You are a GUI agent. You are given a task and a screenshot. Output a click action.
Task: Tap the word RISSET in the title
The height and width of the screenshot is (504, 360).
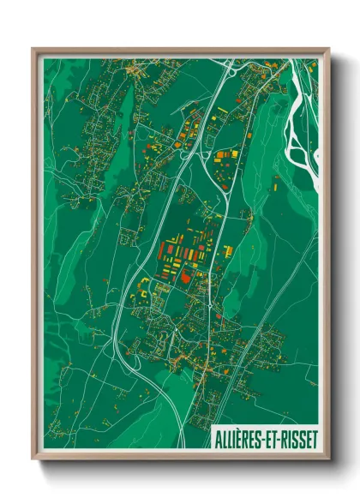(x=297, y=438)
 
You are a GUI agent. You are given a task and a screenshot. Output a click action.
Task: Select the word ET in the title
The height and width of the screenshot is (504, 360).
(x=270, y=438)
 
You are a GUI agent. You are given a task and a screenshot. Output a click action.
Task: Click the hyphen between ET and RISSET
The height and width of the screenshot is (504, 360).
(x=277, y=439)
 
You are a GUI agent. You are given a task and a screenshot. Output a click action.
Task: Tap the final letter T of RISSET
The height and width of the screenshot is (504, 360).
(x=314, y=438)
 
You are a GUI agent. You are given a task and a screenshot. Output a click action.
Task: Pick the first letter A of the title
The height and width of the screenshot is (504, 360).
(x=213, y=438)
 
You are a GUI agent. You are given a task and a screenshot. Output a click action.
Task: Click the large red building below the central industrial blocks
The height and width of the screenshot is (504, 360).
(x=187, y=277)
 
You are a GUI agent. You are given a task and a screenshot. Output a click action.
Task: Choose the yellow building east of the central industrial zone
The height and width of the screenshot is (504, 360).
(x=228, y=250)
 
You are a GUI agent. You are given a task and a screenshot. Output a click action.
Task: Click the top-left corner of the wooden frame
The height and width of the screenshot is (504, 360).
(x=33, y=49)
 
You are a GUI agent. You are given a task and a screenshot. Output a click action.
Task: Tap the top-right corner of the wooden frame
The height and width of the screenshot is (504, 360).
(x=328, y=49)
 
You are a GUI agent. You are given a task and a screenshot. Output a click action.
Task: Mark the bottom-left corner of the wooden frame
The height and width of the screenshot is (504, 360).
(x=33, y=460)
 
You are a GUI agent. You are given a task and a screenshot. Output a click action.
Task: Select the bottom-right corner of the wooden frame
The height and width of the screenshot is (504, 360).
(x=328, y=460)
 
